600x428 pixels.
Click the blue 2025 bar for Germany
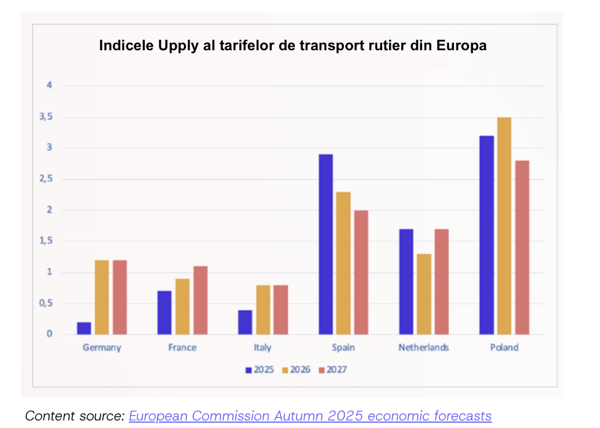pos(84,328)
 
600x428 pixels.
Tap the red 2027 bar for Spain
pos(361,272)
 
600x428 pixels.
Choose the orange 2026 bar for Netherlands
pos(424,294)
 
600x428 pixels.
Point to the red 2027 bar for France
pos(200,300)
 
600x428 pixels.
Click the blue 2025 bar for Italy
pos(245,322)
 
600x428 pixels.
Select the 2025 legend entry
pos(260,370)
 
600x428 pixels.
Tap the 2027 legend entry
pos(333,370)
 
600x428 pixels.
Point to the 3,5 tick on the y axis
pos(47,117)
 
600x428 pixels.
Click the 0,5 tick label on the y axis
pos(47,304)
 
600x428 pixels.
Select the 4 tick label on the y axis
pos(50,85)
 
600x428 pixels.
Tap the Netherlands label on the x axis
pos(423,348)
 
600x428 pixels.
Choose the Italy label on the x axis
pos(262,348)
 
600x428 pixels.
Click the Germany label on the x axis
pos(102,348)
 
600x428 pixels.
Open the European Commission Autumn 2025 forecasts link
pos(310,416)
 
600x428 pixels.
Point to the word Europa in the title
pos(463,46)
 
